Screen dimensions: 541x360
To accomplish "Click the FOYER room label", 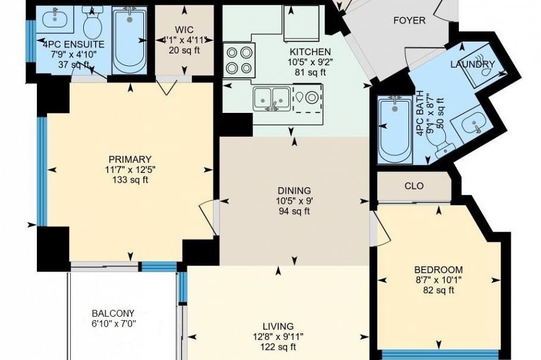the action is click(x=409, y=21).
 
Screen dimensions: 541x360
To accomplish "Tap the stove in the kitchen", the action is click(x=239, y=60).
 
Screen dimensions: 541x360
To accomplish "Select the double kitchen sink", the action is click(x=271, y=99).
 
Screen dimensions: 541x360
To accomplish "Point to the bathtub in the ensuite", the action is click(x=130, y=40).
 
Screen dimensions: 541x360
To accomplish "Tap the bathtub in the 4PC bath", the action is click(x=395, y=130).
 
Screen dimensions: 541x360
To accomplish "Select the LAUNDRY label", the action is click(x=473, y=64).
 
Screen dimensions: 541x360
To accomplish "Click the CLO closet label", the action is click(x=414, y=186).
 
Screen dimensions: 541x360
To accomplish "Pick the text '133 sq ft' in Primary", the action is click(x=130, y=179).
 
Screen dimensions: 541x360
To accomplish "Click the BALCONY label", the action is click(x=113, y=314).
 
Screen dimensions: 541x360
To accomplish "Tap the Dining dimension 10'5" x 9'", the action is click(x=294, y=201).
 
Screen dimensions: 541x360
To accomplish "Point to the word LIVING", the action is click(x=278, y=326).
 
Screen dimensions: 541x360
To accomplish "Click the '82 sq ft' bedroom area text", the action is click(x=439, y=290).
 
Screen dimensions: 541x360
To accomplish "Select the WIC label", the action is click(x=184, y=30).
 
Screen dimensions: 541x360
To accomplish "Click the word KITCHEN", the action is click(x=310, y=52).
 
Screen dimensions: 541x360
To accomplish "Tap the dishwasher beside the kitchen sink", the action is click(x=308, y=98).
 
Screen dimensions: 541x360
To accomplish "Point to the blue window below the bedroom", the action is click(x=441, y=355).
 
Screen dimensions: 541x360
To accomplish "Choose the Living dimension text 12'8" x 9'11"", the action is click(x=278, y=337).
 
